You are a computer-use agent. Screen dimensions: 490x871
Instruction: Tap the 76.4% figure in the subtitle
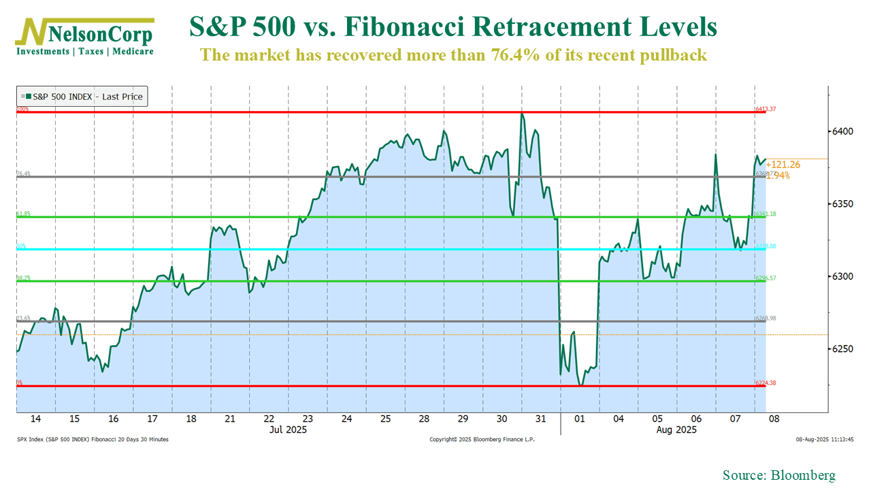[521, 55]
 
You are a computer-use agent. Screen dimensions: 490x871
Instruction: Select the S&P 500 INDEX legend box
[82, 97]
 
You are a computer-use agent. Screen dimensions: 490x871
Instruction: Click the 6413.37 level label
[766, 109]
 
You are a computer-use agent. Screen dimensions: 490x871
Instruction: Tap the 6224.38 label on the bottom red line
[766, 383]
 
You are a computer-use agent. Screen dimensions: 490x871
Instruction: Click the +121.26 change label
[783, 164]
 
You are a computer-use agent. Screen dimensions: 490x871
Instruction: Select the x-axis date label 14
[35, 419]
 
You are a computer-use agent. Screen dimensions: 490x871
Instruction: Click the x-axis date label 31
[540, 419]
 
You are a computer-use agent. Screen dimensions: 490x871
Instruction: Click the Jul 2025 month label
[288, 429]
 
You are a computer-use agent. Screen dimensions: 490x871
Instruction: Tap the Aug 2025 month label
[676, 429]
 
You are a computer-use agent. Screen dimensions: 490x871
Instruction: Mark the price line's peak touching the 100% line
[522, 113]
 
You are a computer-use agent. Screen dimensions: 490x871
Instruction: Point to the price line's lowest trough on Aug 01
[580, 385]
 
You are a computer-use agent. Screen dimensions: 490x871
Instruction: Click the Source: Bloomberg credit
[778, 475]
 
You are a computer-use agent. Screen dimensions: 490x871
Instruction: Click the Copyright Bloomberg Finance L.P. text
[482, 440]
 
